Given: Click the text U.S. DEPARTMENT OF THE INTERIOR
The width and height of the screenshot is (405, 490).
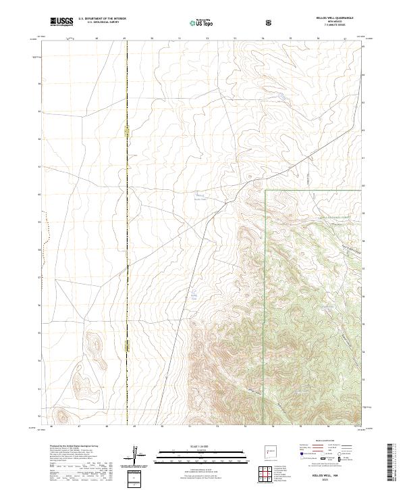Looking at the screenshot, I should pyautogui.click(x=103, y=19).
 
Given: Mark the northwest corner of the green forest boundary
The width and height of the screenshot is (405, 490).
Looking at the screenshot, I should pyautogui.click(x=265, y=190).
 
